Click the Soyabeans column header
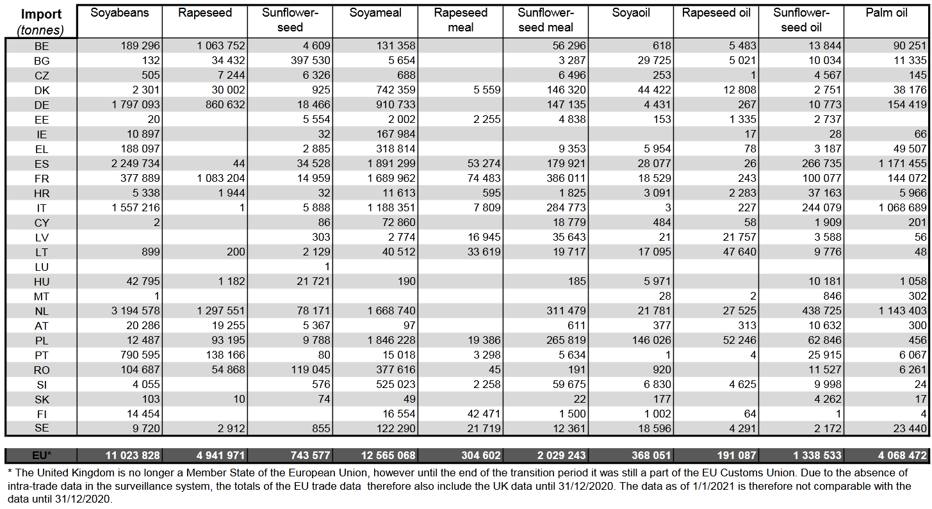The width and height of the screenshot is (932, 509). tap(119, 13)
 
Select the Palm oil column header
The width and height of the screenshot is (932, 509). tap(887, 12)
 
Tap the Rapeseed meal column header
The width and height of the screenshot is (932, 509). tap(460, 20)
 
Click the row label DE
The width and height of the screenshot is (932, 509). tap(42, 105)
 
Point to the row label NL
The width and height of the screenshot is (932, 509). tap(42, 311)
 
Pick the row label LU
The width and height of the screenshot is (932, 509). tap(42, 267)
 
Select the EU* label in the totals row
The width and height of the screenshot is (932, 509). tap(42, 455)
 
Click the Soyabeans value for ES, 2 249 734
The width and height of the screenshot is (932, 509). tap(135, 163)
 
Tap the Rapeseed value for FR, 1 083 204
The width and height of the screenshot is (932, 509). tap(221, 179)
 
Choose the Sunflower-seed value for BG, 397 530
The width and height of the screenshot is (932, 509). tap(311, 60)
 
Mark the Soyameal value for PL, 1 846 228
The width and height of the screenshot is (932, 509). tap(391, 340)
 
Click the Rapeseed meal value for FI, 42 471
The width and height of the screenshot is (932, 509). tap(484, 414)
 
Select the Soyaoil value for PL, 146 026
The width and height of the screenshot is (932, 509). tap(651, 340)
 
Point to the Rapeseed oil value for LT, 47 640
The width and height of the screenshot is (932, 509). tap(739, 252)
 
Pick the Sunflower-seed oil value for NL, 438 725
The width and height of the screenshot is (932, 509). tap(822, 311)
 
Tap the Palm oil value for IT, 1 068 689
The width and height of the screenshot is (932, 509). tap(903, 207)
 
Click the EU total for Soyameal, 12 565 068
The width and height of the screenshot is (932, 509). tap(388, 455)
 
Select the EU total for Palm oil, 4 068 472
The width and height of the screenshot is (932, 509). tap(903, 455)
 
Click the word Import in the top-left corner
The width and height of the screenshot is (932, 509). tap(41, 15)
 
